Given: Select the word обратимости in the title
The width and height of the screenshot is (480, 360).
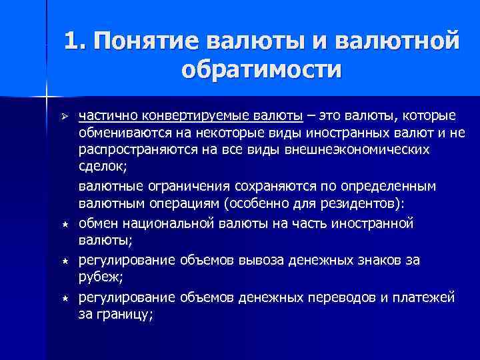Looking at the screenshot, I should [260, 69].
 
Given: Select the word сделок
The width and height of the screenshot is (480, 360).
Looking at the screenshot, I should [101, 167].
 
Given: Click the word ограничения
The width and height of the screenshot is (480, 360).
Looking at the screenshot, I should [175, 184].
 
